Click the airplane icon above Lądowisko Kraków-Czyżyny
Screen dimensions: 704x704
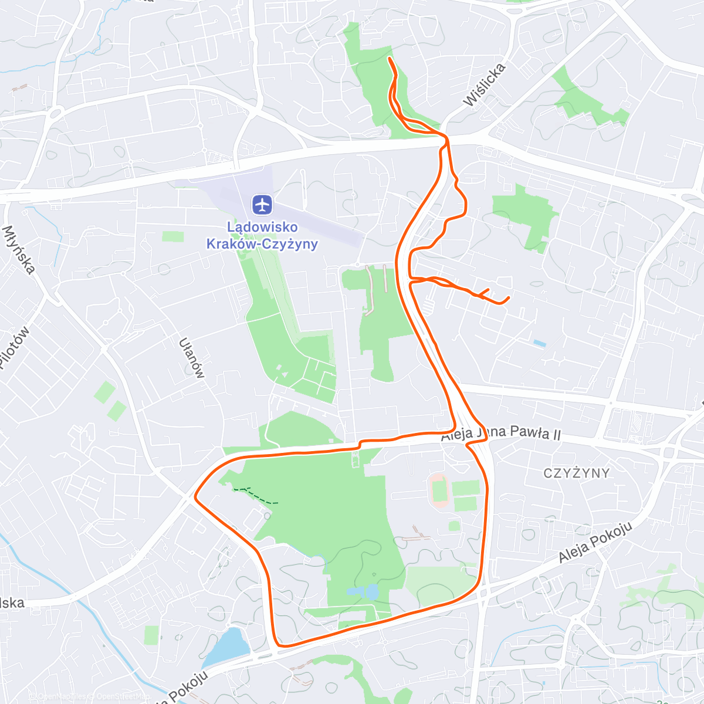click(262, 205)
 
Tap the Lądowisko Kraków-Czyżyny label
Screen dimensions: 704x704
click(262, 235)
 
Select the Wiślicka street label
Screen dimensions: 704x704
click(484, 85)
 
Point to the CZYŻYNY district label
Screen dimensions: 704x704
click(576, 473)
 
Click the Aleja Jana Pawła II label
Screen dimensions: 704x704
click(501, 434)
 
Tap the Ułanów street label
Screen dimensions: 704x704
click(192, 358)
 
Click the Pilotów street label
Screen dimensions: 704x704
click(14, 348)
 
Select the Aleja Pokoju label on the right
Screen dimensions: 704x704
click(595, 543)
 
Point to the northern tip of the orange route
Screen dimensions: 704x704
click(390, 59)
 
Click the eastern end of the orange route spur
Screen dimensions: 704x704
click(507, 298)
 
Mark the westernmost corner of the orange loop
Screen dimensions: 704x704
click(195, 499)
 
